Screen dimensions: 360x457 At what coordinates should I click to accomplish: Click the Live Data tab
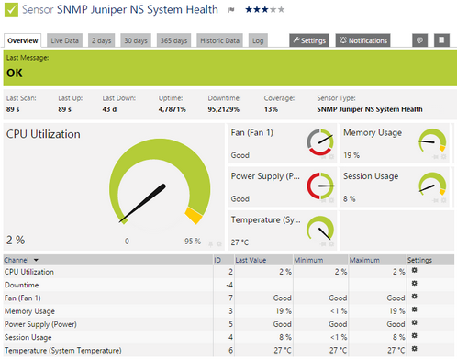65,40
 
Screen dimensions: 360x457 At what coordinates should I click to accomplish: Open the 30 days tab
136,40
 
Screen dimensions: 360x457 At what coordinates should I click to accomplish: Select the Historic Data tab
220,40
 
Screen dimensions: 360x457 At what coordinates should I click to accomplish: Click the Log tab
258,40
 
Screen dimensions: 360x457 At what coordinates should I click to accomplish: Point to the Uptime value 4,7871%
173,108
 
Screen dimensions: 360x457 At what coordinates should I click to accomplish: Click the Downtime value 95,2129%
225,108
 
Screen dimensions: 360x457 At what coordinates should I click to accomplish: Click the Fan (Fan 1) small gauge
320,142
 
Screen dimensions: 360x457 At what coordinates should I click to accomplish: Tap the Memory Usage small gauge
431,142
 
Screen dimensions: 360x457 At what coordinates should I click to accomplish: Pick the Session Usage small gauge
431,185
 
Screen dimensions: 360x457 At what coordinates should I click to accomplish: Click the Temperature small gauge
320,229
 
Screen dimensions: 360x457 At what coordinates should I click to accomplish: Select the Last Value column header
251,260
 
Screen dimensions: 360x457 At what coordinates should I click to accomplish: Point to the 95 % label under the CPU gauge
192,241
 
